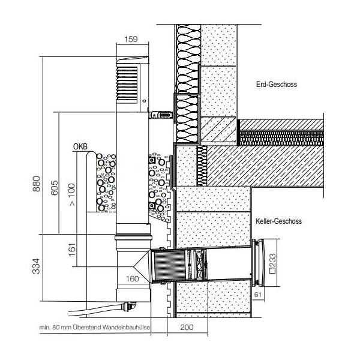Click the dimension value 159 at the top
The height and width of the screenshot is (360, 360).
pos(131,39)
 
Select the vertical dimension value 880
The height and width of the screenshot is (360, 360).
pos(37,184)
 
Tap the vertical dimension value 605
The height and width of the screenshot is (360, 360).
pos(55,188)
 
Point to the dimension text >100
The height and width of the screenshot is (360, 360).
pos(72,194)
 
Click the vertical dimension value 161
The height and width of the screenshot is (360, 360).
pos(72,250)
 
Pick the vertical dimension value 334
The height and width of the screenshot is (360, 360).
pos(36,266)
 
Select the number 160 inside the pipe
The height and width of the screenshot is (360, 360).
pos(132,279)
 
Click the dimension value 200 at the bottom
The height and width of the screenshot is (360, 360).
pos(187,327)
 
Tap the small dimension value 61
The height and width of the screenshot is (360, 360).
pos(258,295)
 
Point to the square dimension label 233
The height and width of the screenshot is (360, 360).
pos(272,263)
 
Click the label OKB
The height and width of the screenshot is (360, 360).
pos(80,146)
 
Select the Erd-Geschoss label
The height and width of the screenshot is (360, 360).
pos(277,84)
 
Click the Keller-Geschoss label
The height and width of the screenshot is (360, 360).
pos(278,221)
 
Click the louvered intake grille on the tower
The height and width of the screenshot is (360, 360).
pos(127,83)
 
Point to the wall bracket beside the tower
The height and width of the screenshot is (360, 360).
pos(160,115)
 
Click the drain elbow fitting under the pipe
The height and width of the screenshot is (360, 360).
pos(128,307)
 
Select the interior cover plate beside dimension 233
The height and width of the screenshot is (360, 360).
pos(259,263)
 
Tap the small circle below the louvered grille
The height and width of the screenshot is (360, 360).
pos(144,101)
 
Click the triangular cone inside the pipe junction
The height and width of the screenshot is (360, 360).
pos(142,266)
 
